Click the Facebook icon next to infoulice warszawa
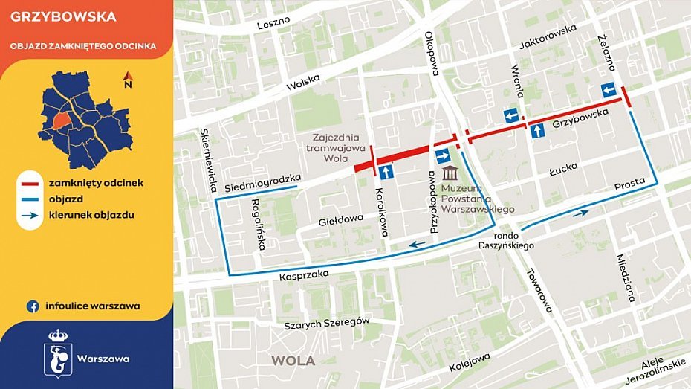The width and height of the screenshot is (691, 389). point(33,306)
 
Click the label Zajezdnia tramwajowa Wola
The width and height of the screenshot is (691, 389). point(330,147)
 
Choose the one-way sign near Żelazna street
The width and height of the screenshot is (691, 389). point(609,90)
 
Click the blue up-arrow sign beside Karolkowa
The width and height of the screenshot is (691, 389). point(386,173)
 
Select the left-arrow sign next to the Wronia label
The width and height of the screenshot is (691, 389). point(511,115)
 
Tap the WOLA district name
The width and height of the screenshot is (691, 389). point(293,361)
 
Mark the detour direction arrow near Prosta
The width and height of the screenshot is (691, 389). point(580,213)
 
